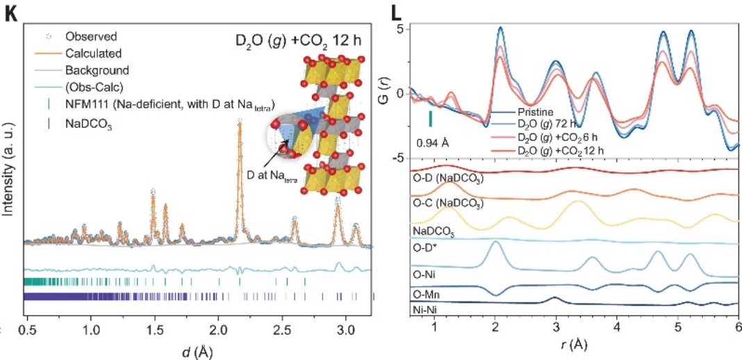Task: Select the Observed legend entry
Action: [90, 35]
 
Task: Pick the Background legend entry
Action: [97, 70]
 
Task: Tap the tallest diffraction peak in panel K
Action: [240, 122]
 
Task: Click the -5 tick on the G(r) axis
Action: [399, 158]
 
